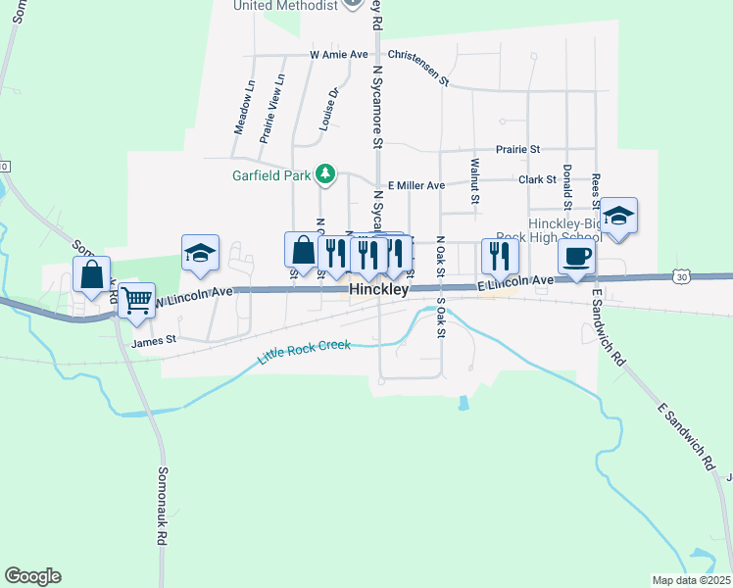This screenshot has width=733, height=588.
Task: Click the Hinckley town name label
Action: [378, 291]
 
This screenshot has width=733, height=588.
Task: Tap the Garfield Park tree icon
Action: [325, 175]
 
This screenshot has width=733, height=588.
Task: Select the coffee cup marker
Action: [576, 257]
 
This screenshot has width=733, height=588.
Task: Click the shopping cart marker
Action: [137, 299]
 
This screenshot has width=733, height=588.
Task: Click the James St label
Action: [153, 341]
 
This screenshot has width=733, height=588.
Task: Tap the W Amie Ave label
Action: [342, 56]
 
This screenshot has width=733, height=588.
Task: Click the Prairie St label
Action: [518, 149]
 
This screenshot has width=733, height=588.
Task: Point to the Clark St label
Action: [537, 179]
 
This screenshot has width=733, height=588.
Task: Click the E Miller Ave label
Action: [415, 184]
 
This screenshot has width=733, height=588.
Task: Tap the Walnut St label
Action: [474, 181]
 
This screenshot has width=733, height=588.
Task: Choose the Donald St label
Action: [566, 187]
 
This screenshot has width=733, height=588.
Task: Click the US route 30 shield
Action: [682, 278]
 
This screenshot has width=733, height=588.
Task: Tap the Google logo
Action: [32, 576]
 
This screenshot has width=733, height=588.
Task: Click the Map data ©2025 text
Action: [690, 580]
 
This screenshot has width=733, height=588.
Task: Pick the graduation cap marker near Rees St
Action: [618, 217]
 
